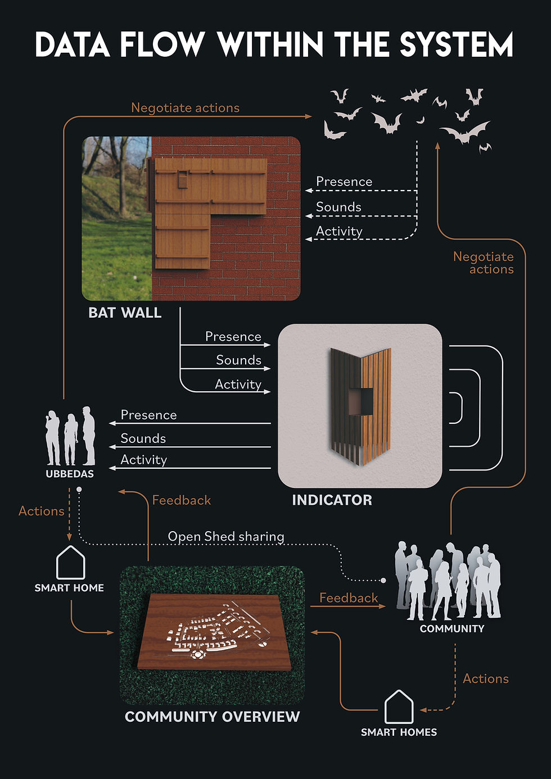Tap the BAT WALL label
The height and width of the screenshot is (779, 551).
click(x=125, y=312)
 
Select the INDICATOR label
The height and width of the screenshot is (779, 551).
click(x=332, y=500)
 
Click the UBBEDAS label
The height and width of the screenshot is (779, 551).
click(x=70, y=474)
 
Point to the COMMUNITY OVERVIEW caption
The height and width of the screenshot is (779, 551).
click(x=212, y=717)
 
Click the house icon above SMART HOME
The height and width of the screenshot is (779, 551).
click(x=71, y=563)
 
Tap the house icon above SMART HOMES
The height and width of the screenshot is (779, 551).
click(x=399, y=706)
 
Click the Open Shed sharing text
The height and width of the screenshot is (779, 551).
click(x=226, y=536)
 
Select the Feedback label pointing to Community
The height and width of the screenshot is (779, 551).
click(x=349, y=598)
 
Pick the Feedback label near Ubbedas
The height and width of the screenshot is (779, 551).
click(x=182, y=500)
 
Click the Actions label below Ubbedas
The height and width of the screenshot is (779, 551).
click(x=42, y=511)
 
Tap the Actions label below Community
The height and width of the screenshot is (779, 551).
click(x=486, y=678)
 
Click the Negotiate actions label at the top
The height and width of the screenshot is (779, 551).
click(x=186, y=108)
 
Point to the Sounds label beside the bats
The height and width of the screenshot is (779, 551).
click(x=338, y=207)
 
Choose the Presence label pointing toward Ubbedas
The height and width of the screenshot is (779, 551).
click(x=148, y=415)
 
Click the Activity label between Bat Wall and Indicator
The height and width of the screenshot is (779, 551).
click(x=238, y=384)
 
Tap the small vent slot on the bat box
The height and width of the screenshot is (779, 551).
click(x=183, y=179)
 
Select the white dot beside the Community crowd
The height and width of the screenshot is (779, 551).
click(x=383, y=581)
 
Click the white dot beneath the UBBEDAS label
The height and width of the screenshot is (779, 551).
click(x=79, y=490)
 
